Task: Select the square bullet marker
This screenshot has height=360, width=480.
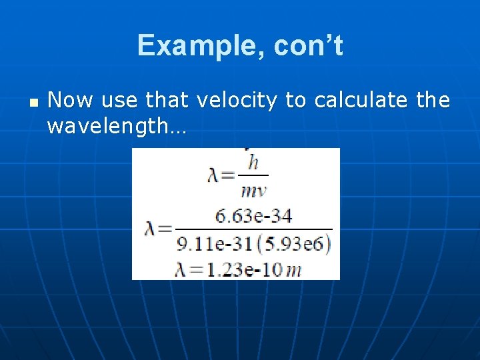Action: click(33, 103)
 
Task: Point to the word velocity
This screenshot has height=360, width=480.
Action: click(237, 101)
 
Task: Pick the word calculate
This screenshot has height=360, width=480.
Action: click(361, 101)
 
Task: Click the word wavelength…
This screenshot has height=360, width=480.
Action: click(117, 126)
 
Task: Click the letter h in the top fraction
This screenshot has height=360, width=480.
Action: click(253, 161)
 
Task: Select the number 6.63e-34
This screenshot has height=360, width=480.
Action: click(253, 216)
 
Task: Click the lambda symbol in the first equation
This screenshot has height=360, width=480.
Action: click(213, 175)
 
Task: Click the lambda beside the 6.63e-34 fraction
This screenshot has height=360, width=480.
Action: click(151, 229)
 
